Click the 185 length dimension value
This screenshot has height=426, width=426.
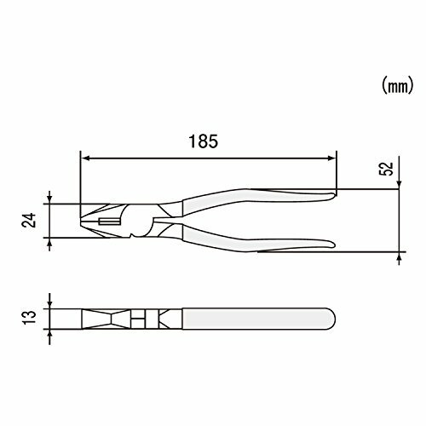(x=204, y=141)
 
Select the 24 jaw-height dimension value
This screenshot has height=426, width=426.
(x=30, y=220)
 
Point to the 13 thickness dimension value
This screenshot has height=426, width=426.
(x=30, y=317)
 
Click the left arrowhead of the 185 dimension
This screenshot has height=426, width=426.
(x=85, y=158)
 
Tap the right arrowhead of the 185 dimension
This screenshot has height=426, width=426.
(x=331, y=158)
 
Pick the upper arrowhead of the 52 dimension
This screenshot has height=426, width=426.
(x=399, y=184)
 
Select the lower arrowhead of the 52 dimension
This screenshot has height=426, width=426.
(x=399, y=256)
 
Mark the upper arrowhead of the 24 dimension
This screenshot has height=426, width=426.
(x=49, y=199)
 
